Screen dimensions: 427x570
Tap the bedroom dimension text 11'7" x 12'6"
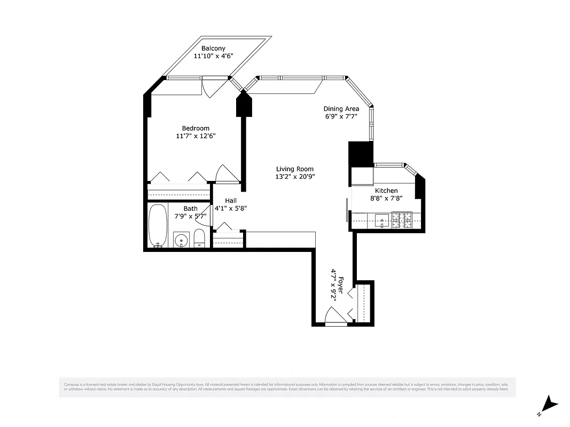(196, 136)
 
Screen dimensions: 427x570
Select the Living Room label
(294, 169)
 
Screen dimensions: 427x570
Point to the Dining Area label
(341, 109)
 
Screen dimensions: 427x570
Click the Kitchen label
(386, 191)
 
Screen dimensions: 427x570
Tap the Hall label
(231, 201)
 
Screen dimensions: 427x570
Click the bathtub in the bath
(158, 225)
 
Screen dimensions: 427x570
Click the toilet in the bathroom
(199, 239)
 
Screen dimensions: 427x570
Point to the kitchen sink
(382, 219)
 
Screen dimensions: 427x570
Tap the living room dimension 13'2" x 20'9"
(294, 177)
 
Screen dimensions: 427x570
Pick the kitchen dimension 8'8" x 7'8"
(386, 198)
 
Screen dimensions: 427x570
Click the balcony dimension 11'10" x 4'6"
(213, 56)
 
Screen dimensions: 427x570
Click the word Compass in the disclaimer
(72, 384)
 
